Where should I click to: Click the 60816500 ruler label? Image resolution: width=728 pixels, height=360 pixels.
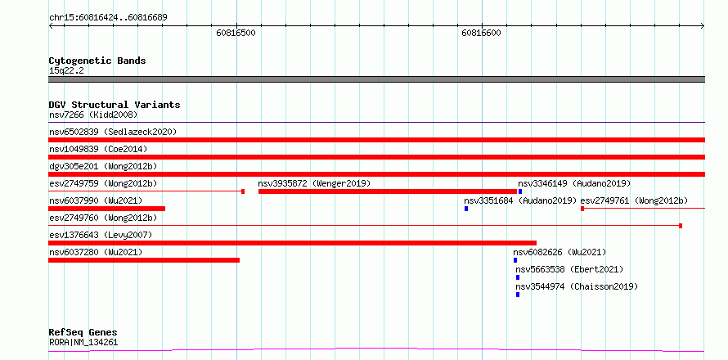point(236,33)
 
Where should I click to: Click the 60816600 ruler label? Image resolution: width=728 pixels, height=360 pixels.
point(481,33)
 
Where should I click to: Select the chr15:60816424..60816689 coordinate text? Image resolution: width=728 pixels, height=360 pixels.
point(108,18)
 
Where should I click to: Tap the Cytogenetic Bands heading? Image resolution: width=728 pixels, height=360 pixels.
point(97,61)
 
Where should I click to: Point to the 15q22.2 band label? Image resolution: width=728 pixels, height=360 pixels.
point(66,70)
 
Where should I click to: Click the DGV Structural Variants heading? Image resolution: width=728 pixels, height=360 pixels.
point(115,105)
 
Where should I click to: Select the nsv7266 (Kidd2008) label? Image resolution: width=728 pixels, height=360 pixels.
point(93,115)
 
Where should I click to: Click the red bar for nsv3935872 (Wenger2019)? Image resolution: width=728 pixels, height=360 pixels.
point(388,191)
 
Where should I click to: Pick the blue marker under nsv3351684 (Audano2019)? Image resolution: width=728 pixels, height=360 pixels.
point(466,209)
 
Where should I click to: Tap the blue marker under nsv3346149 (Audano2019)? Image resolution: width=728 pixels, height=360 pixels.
point(520,191)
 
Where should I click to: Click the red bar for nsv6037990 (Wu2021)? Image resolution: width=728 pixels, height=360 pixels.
point(107,209)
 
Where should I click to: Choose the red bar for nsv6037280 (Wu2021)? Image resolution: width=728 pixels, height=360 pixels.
point(144,260)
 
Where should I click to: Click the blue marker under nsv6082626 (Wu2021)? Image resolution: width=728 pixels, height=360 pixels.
point(515,260)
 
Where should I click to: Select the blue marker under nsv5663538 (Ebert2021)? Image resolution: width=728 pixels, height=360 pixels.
point(518,277)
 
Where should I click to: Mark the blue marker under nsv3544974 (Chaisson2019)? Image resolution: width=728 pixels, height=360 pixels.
point(518,295)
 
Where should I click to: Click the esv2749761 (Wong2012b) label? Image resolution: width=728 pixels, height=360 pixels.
point(634,200)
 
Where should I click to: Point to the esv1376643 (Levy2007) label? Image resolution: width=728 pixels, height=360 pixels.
point(101,235)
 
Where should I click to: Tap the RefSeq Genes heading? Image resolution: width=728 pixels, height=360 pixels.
point(83,333)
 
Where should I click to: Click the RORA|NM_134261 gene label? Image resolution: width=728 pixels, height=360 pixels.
point(83,343)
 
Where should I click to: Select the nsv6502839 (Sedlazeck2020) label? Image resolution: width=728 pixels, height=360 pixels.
point(113,132)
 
